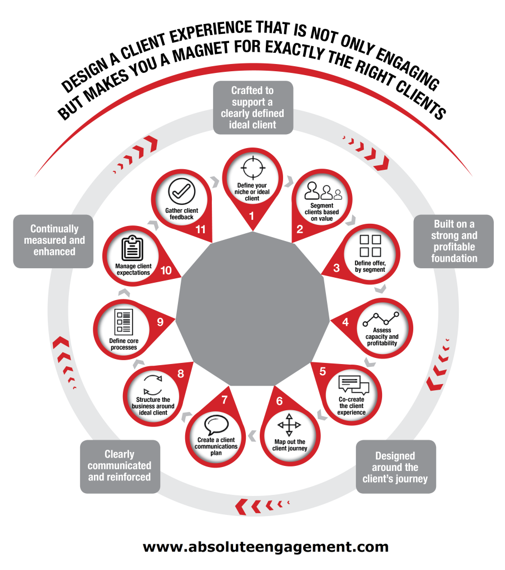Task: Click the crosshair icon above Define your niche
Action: pos(253,168)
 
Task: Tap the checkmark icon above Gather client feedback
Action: pos(182,191)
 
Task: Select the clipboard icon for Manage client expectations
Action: pos(132,248)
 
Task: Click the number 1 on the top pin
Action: pos(251,216)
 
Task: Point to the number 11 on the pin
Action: pos(201,229)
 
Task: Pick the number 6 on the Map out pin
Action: pos(279,401)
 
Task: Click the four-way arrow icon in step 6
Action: pos(289,425)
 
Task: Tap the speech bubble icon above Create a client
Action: pos(216,425)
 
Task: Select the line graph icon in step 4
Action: pos(381,319)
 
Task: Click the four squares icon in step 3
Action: pos(370,245)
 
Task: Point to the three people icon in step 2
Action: pos(323,191)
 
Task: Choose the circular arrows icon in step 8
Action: pos(153,385)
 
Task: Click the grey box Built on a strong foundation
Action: pos(453,242)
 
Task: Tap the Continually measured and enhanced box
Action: pos(53,242)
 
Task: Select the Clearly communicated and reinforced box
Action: pos(120,467)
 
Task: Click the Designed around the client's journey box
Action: pos(395,467)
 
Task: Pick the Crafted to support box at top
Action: pos(253,107)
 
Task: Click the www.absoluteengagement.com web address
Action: pos(266,547)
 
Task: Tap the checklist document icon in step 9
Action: pos(123,322)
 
